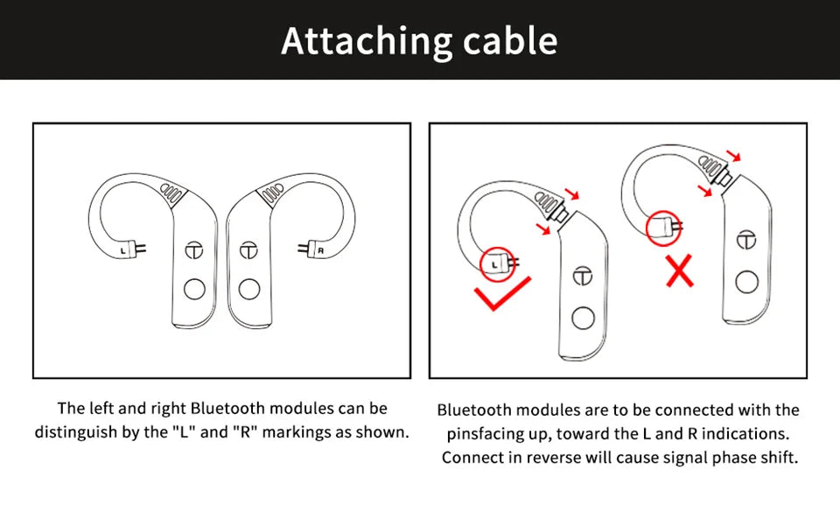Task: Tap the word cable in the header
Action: point(507,40)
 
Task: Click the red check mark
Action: point(501,296)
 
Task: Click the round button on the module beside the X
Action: point(746,282)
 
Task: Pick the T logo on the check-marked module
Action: point(582,277)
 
